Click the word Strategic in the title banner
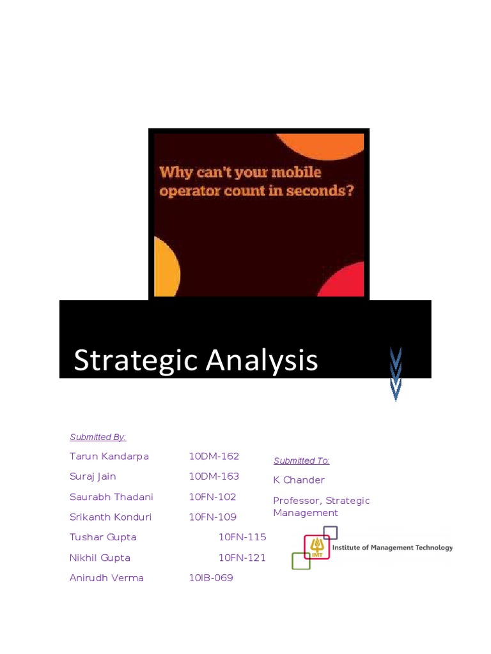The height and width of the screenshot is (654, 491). (x=127, y=360)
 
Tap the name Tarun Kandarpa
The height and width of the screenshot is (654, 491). (x=109, y=456)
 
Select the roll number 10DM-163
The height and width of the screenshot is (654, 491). (x=214, y=476)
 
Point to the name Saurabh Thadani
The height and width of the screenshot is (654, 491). (x=111, y=497)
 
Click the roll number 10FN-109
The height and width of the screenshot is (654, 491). (x=212, y=517)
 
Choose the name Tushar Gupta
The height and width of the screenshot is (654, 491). (x=103, y=537)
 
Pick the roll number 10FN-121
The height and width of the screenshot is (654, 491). (x=242, y=558)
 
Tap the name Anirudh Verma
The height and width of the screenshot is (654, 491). (x=106, y=578)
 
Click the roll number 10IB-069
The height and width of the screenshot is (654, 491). (x=210, y=578)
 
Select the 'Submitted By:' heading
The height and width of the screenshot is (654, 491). (x=98, y=437)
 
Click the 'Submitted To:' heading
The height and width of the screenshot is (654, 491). (x=301, y=460)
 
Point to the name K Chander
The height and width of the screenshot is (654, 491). (x=299, y=480)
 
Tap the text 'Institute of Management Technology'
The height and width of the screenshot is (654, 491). (x=392, y=547)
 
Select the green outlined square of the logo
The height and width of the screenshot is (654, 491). (x=300, y=561)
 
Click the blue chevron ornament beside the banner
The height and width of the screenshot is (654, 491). (x=396, y=374)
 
